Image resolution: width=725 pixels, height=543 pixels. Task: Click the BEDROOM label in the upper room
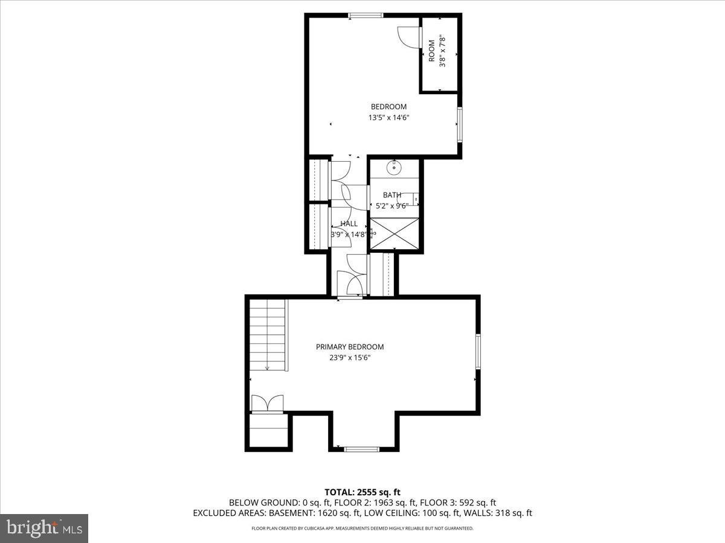click(388, 107)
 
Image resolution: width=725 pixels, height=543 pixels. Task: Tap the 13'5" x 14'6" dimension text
click(388, 118)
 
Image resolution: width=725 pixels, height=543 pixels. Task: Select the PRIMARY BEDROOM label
click(350, 347)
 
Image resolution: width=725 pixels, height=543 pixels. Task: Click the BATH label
click(392, 195)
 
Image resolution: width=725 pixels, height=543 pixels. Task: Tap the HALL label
click(349, 224)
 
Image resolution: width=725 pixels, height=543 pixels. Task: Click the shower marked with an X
click(394, 233)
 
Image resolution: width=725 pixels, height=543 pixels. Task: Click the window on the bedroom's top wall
click(366, 16)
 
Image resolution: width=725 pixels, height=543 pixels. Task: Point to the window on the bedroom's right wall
click(460, 124)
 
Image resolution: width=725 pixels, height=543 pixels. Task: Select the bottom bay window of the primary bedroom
click(361, 449)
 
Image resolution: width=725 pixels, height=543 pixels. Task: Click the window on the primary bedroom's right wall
click(478, 352)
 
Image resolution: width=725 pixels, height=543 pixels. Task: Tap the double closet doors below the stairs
click(267, 403)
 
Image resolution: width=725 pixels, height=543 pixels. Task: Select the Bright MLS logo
click(43, 529)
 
